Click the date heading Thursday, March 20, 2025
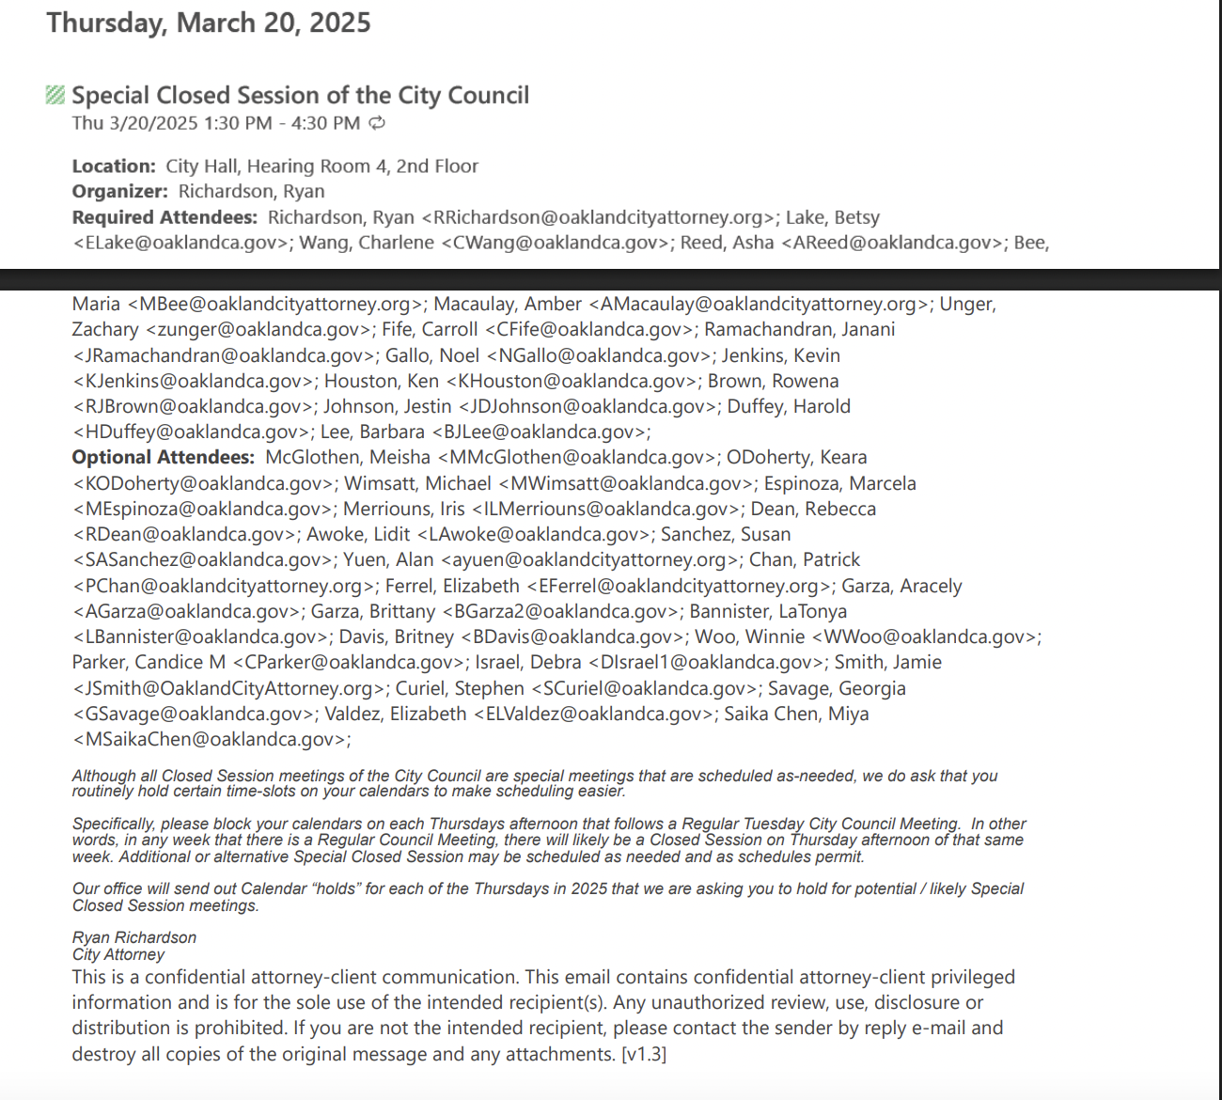point(209,23)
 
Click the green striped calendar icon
point(55,95)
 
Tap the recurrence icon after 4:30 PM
point(377,123)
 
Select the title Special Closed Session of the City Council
point(300,95)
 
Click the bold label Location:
point(114,166)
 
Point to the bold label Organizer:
point(119,192)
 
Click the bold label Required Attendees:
point(164,217)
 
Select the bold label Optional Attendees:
point(163,458)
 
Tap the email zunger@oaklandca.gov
point(258,330)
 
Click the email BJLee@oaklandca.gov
point(540,432)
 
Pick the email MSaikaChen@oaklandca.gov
point(211,740)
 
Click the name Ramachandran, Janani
point(799,330)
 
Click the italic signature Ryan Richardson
point(134,937)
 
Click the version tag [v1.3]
point(644,1054)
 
